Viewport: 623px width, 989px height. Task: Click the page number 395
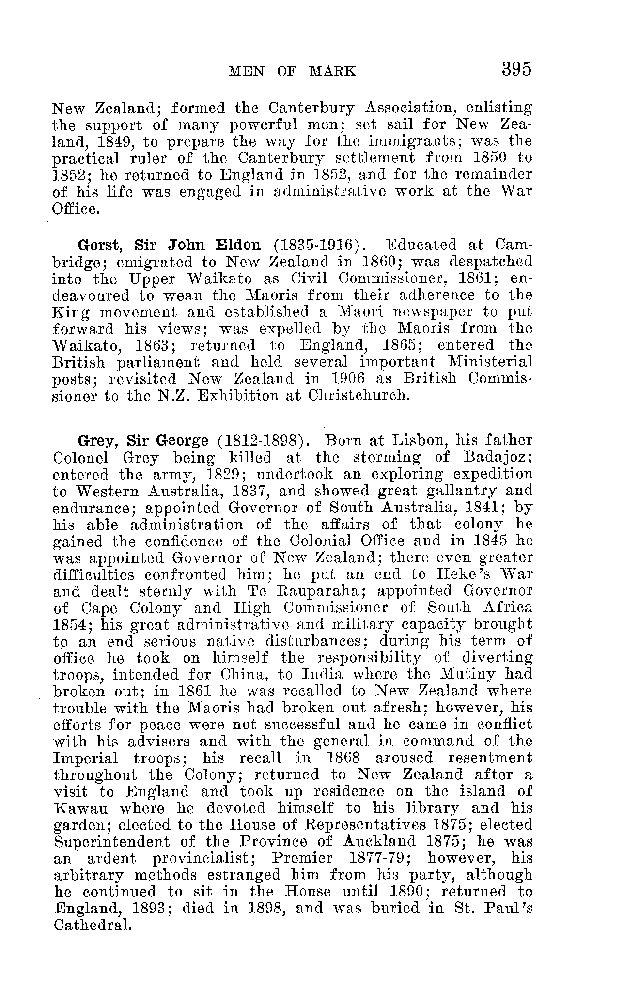point(516,69)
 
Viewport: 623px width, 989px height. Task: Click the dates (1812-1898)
point(263,441)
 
